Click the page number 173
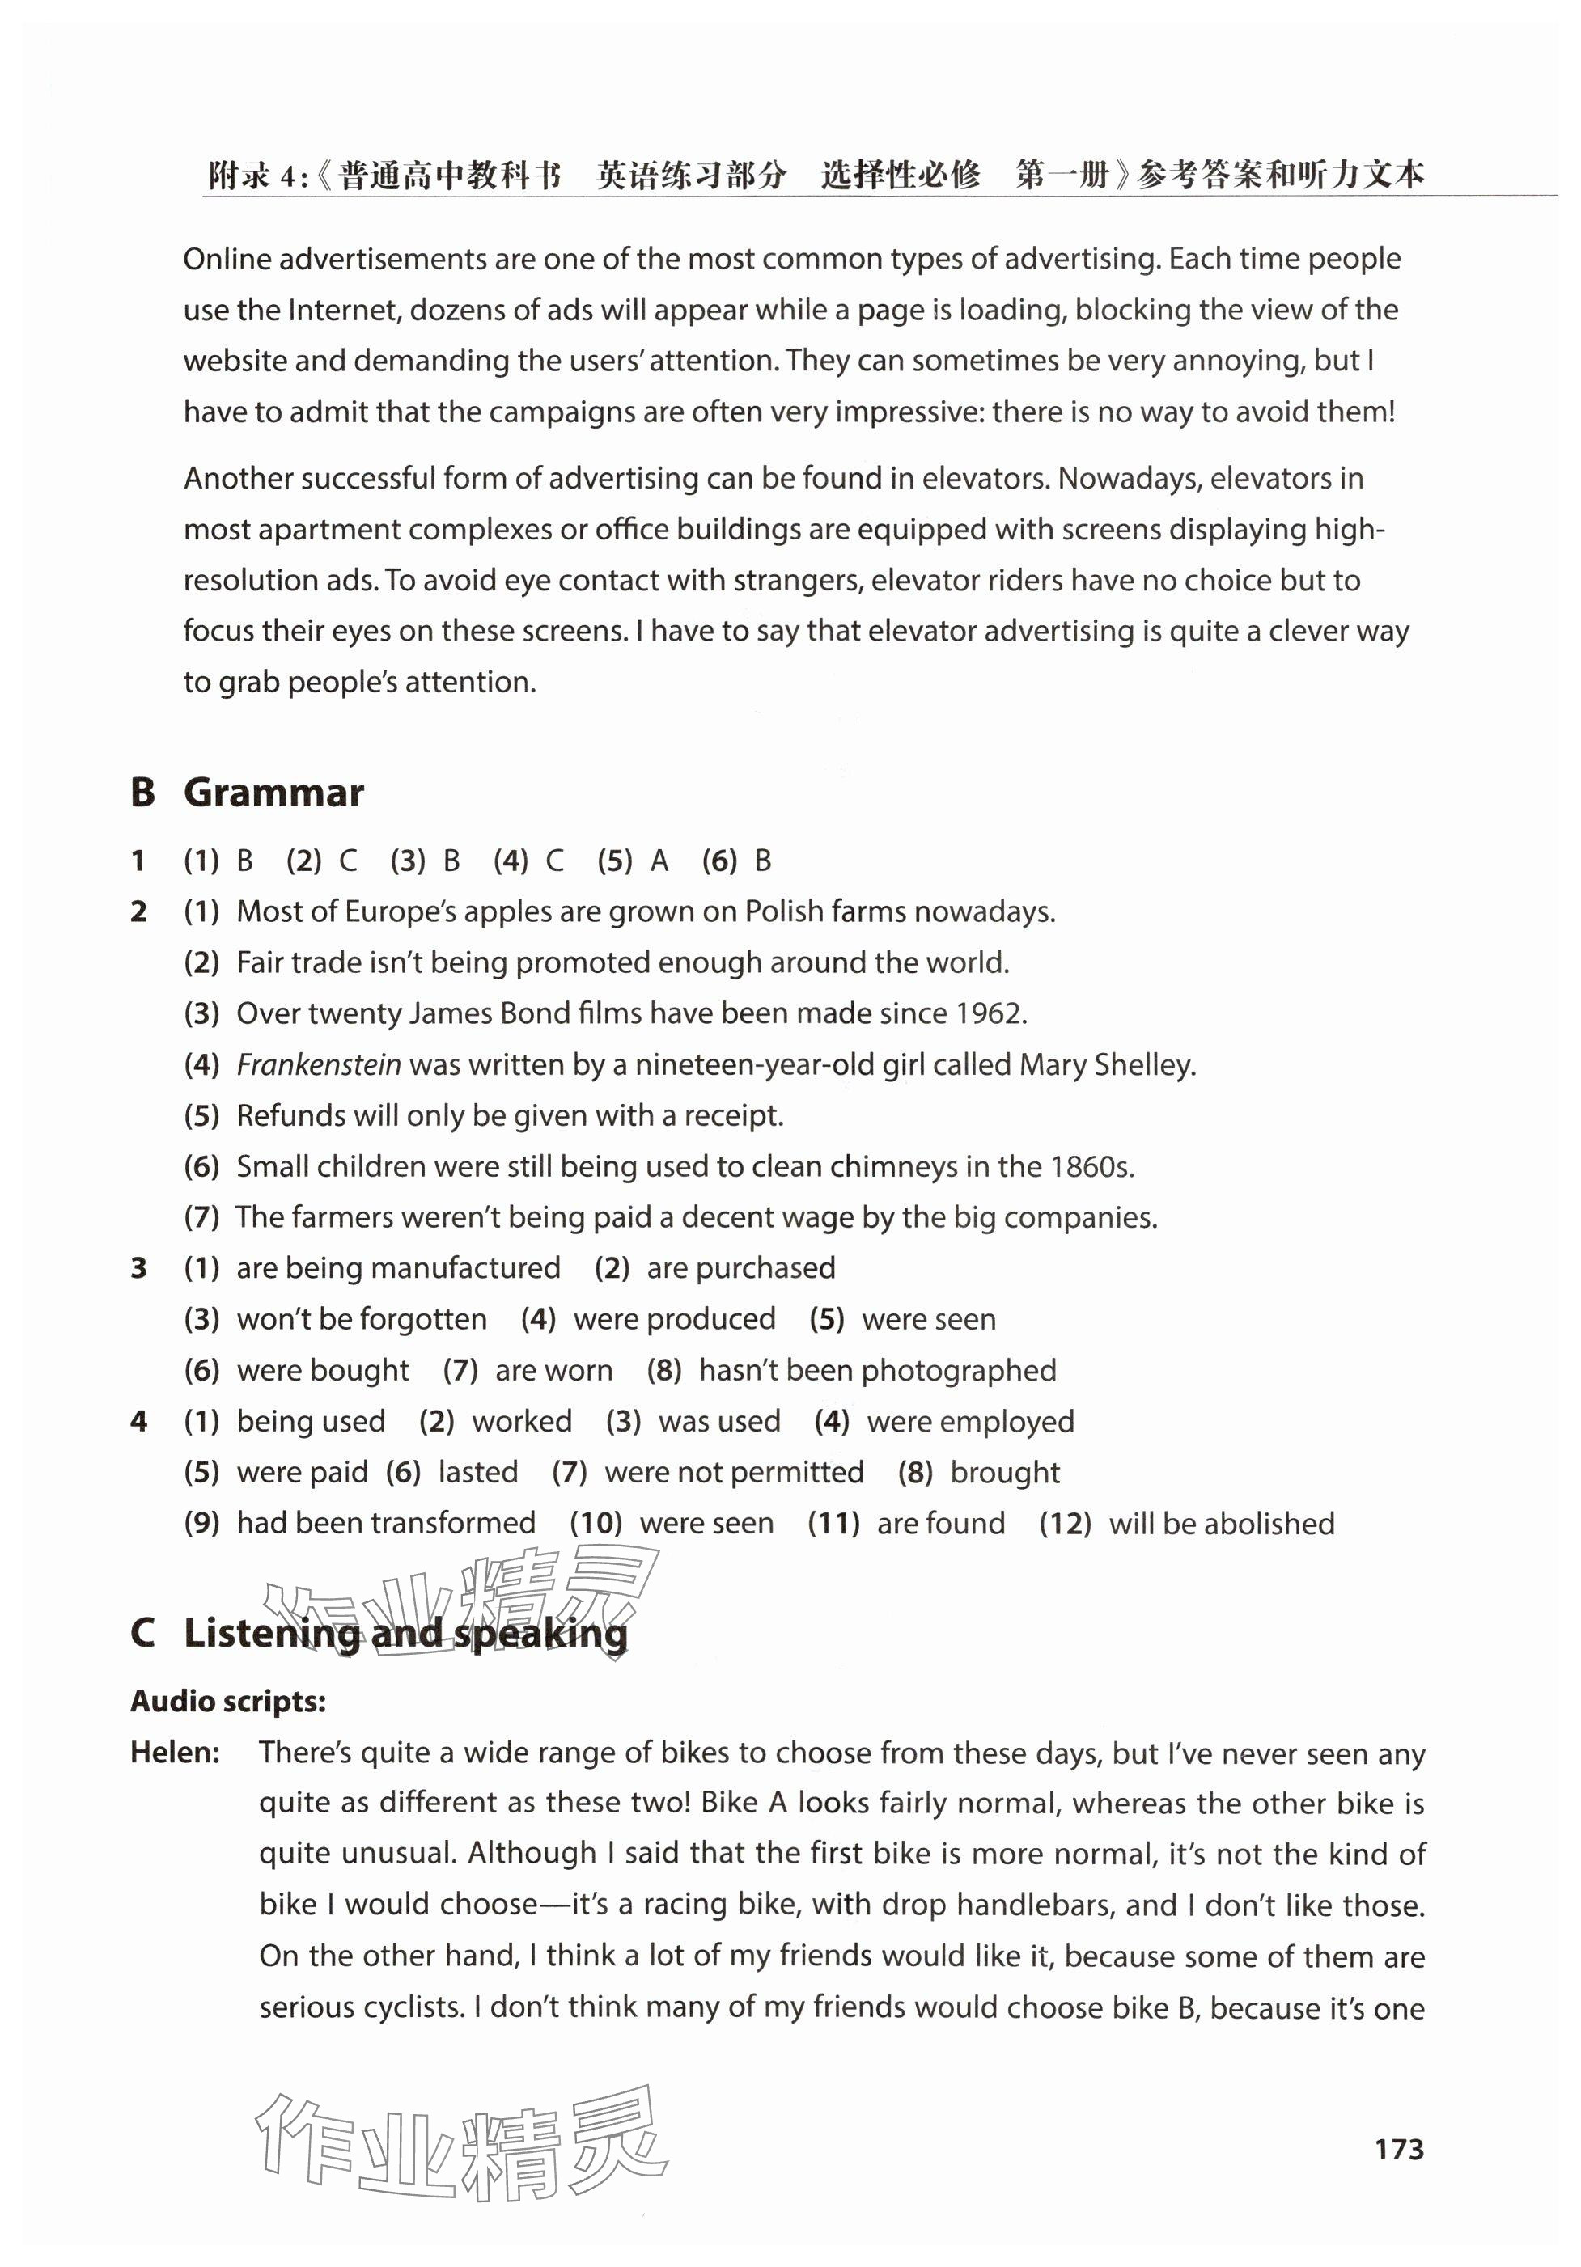click(1398, 2150)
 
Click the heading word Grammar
click(273, 793)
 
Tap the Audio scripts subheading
click(228, 1701)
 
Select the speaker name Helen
click(175, 1753)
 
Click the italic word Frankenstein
click(318, 1064)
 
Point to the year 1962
click(990, 1013)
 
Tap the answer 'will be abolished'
click(1221, 1524)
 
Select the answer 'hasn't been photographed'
click(877, 1370)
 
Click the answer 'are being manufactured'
click(398, 1268)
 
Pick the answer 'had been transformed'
click(386, 1524)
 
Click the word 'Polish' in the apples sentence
click(784, 911)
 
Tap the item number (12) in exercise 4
click(1065, 1524)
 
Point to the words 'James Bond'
click(475, 1013)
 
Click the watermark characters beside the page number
click(461, 2147)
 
